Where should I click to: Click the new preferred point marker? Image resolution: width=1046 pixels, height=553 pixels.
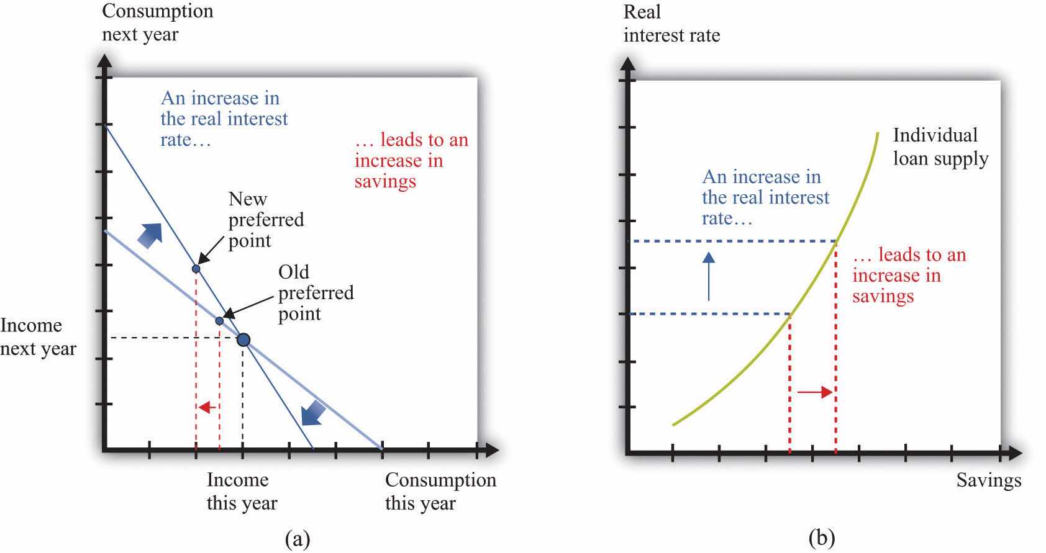tap(196, 269)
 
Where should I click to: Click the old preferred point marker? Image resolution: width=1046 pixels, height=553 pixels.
tap(219, 321)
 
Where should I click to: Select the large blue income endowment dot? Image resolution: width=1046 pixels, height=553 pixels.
tap(243, 339)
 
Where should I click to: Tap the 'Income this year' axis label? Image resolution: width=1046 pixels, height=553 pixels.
tap(241, 491)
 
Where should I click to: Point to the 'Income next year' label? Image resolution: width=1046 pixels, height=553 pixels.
tap(38, 337)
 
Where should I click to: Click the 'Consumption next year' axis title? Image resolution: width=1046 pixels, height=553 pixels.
tap(157, 22)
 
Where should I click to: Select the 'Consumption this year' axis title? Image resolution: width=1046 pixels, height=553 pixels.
tap(440, 491)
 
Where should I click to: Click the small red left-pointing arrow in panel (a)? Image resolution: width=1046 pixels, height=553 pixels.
tap(207, 407)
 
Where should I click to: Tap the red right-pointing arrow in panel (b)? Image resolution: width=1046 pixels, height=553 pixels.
tap(814, 392)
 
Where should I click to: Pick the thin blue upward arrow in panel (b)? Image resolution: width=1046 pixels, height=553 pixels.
tap(708, 276)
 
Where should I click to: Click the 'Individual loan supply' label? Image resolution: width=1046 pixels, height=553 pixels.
tap(940, 147)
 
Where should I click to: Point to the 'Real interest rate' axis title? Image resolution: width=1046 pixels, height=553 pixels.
tap(671, 24)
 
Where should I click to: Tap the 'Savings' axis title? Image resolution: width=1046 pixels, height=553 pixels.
tap(988, 480)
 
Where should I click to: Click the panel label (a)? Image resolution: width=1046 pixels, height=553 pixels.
tap(297, 537)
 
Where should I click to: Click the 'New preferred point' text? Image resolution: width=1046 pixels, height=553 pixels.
tap(266, 220)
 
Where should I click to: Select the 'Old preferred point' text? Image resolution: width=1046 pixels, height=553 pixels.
tap(316, 292)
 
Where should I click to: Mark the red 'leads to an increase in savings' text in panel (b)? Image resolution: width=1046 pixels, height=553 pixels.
tap(909, 276)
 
